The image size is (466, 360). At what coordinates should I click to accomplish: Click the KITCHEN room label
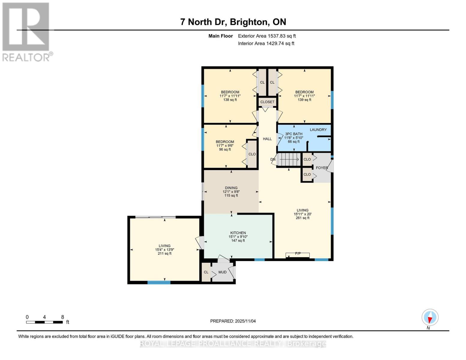pyautogui.click(x=238, y=233)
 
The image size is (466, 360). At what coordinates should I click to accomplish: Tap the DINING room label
pyautogui.click(x=231, y=188)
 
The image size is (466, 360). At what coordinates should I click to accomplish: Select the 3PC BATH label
pyautogui.click(x=293, y=134)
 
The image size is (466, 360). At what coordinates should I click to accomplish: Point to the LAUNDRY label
pyautogui.click(x=318, y=130)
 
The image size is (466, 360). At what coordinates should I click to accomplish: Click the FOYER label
pyautogui.click(x=322, y=168)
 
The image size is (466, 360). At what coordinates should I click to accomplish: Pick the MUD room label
pyautogui.click(x=222, y=272)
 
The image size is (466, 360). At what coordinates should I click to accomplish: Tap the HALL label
pyautogui.click(x=267, y=139)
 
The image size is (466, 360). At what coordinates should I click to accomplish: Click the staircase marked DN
pyautogui.click(x=288, y=159)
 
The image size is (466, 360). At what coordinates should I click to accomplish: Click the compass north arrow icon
pyautogui.click(x=430, y=317)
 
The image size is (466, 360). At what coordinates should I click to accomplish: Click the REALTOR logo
pyautogui.click(x=26, y=31)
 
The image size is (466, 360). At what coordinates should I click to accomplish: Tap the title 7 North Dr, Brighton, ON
pyautogui.click(x=233, y=22)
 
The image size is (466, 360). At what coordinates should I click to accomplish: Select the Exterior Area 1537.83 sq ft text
pyautogui.click(x=267, y=36)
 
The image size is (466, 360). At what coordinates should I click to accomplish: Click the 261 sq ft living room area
pyautogui.click(x=302, y=218)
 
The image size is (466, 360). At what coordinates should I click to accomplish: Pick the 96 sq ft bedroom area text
pyautogui.click(x=225, y=149)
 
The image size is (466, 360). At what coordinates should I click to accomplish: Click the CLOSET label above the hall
pyautogui.click(x=267, y=102)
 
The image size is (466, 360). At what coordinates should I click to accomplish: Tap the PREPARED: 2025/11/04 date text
pyautogui.click(x=233, y=321)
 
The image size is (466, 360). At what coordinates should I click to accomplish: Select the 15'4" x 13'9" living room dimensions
pyautogui.click(x=164, y=250)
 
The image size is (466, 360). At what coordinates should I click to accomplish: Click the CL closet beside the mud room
pyautogui.click(x=206, y=272)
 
